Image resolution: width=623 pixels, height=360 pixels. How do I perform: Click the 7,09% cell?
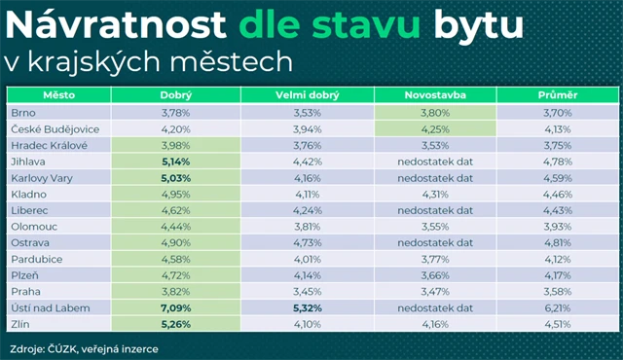point(176,307)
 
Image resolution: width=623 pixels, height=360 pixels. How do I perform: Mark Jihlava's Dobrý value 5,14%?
point(176,161)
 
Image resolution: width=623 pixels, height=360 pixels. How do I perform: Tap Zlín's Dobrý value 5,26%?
point(176,324)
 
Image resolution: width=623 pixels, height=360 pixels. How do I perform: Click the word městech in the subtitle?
point(238,62)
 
